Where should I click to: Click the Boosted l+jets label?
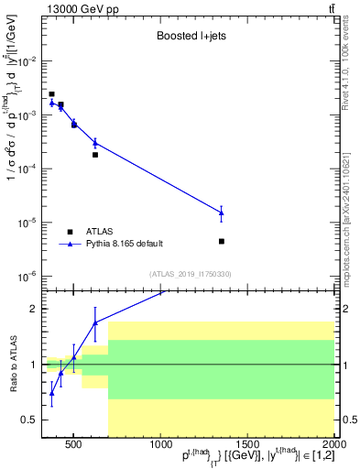190,38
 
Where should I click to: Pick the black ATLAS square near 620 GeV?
95,155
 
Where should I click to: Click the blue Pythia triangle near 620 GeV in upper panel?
95,143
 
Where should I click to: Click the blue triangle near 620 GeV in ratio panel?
95,322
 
